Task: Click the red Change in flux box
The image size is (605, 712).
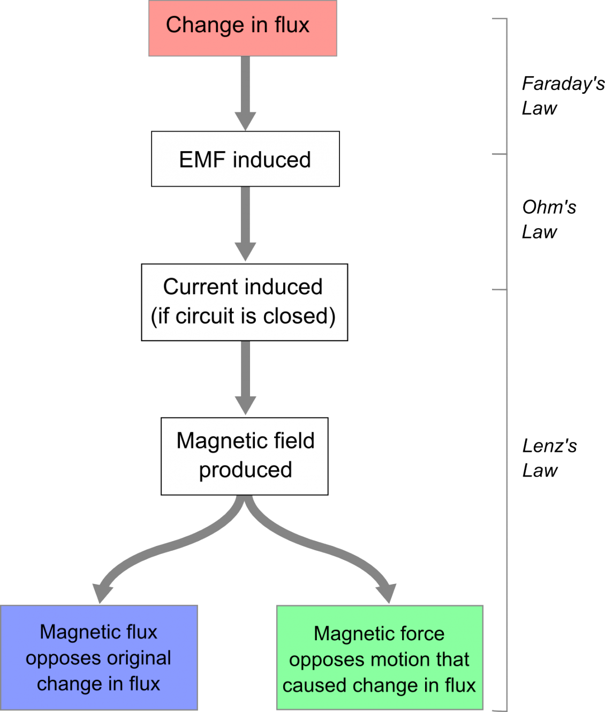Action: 243,28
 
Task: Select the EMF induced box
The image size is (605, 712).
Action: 245,159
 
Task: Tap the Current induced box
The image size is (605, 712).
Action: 245,302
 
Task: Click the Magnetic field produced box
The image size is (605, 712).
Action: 245,456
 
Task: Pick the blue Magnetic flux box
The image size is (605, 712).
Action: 99,657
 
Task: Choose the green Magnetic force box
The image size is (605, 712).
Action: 380,657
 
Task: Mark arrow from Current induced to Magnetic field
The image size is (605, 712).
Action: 245,378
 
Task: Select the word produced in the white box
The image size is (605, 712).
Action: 245,470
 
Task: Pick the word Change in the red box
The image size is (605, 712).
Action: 198,25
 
